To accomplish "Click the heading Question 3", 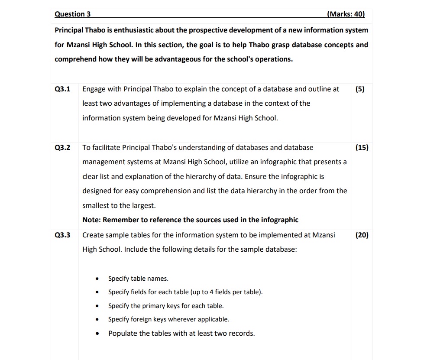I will tap(73, 14).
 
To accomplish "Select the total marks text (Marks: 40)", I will tap(346, 14).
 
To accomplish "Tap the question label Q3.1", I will tap(63, 89).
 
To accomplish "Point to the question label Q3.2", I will tap(63, 148).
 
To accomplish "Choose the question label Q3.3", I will tap(63, 235).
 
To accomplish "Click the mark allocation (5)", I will tap(359, 89).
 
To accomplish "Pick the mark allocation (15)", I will tap(362, 148).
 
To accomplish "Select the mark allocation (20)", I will tap(362, 235).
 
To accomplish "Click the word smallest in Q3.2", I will tap(96, 205).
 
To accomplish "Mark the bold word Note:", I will tap(91, 220).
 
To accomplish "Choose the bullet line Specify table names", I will tap(138, 279).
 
